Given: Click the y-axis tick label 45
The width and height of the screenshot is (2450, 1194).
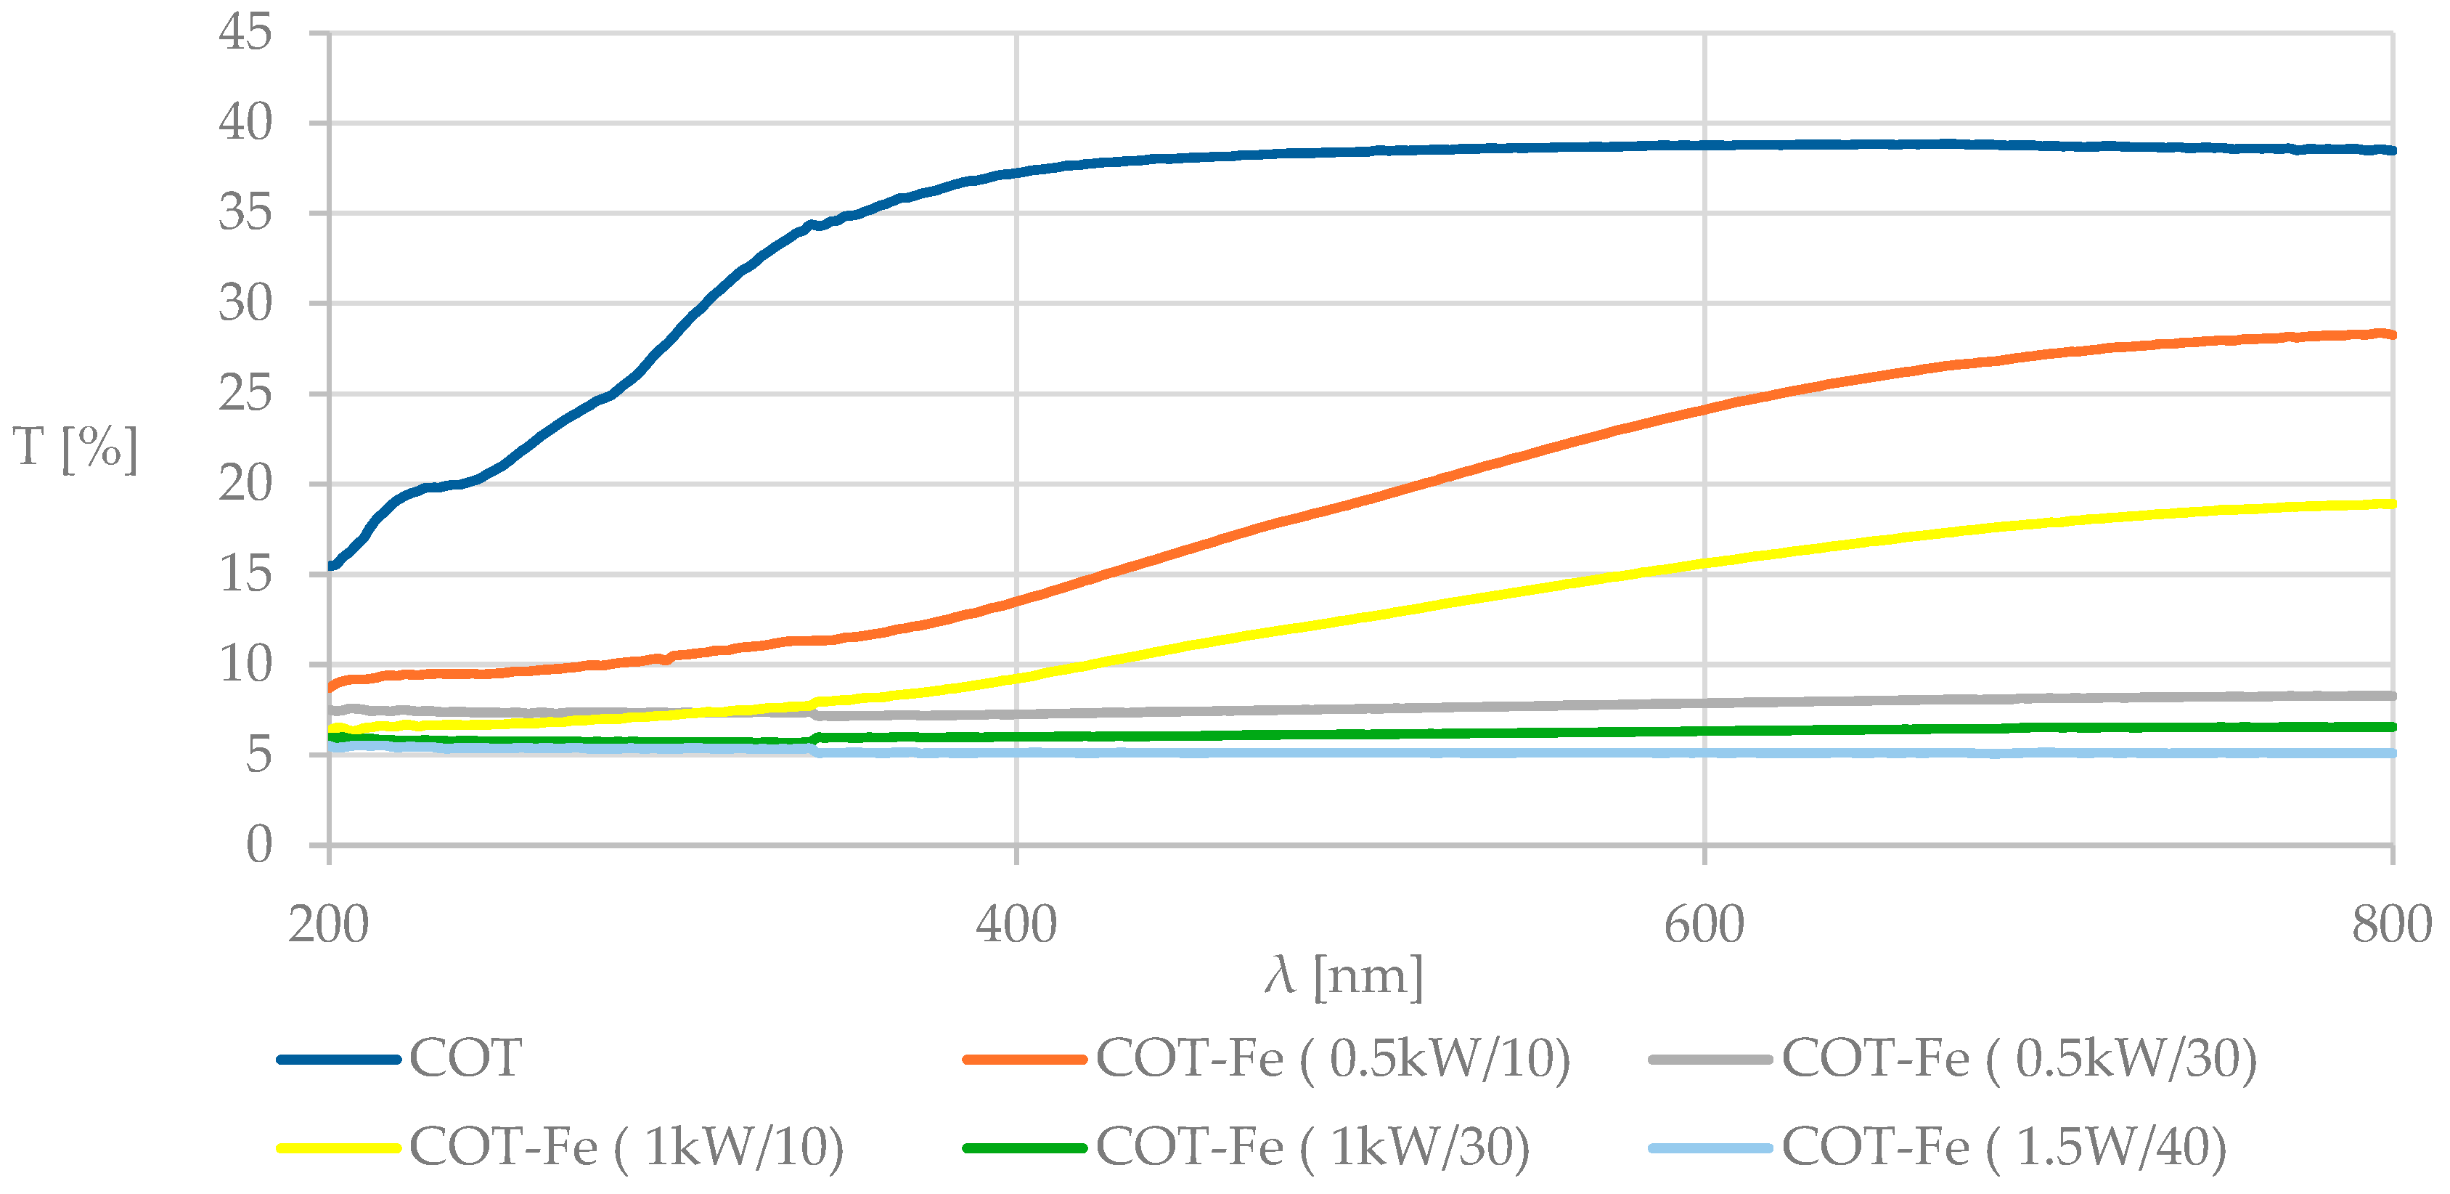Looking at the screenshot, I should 245,33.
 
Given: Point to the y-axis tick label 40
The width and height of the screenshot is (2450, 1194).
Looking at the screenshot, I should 245,123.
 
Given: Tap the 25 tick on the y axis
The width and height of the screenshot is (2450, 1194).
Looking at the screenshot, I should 245,394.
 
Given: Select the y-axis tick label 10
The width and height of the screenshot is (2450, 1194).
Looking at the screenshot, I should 245,664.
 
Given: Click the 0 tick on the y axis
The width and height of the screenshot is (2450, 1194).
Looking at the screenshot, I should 258,845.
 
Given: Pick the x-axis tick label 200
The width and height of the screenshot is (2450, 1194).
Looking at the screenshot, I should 328,925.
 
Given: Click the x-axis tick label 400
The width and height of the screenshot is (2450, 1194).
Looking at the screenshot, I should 1016,925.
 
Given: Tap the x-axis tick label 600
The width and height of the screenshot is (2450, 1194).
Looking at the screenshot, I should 1704,925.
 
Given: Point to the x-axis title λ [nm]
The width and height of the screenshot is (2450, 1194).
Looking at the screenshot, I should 1343,976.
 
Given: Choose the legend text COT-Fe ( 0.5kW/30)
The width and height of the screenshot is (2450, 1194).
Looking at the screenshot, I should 2019,1059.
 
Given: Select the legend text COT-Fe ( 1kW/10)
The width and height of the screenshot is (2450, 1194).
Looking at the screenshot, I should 626,1147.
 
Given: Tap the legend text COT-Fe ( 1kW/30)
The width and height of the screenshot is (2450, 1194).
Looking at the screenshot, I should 1312,1147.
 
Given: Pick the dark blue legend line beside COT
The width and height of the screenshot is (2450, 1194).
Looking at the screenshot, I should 338,1059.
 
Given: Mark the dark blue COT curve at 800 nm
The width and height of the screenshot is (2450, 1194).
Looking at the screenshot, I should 2390,150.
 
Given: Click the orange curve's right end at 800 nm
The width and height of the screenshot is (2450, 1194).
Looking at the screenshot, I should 2390,335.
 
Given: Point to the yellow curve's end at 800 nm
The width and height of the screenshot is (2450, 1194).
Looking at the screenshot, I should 2390,504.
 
